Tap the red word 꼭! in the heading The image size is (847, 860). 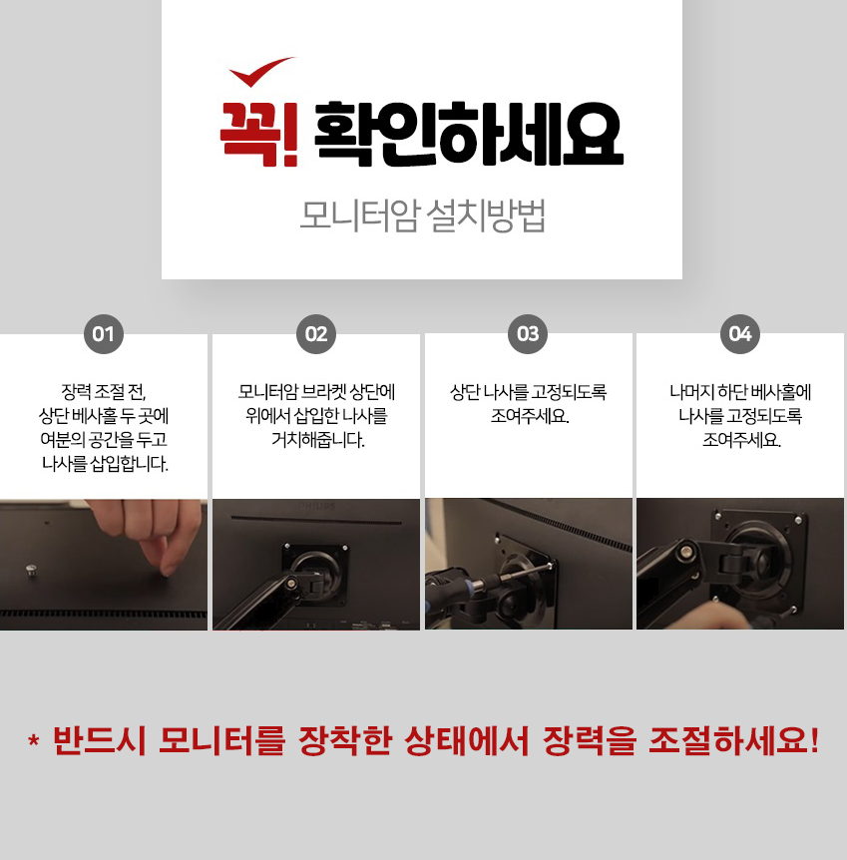point(259,135)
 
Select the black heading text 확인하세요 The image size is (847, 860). point(469,134)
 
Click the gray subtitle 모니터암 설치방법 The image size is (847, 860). point(423,215)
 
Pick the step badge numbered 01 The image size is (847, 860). point(103,334)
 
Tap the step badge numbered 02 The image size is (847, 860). point(316,334)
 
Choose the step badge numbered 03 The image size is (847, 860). point(528,334)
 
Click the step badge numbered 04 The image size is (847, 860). point(740,334)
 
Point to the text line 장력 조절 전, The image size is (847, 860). point(103,392)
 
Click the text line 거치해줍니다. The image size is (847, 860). point(317,440)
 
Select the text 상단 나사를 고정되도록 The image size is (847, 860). point(529,392)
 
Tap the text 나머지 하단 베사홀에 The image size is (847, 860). point(740,392)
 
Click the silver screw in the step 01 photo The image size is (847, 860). point(31,571)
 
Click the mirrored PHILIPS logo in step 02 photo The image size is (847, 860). point(316,505)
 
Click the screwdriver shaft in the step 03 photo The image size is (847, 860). point(521,573)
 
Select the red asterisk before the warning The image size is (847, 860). point(34,740)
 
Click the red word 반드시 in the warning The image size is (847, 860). point(100,740)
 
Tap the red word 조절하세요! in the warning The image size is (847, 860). point(734,740)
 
